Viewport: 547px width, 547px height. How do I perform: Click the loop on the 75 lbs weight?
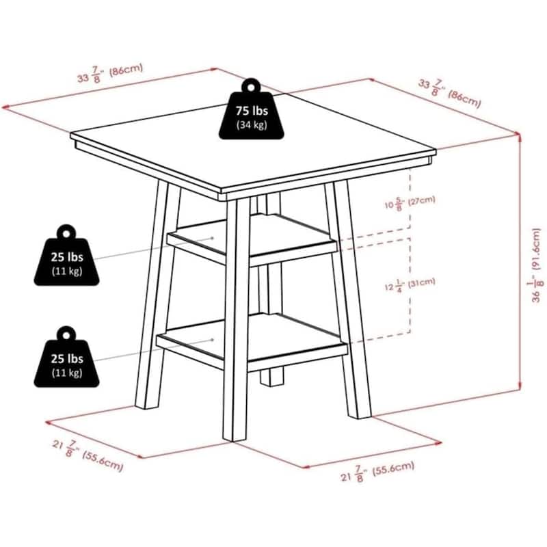(251, 86)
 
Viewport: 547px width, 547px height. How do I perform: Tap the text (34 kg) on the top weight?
(252, 125)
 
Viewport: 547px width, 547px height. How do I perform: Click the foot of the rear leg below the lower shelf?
(273, 377)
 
